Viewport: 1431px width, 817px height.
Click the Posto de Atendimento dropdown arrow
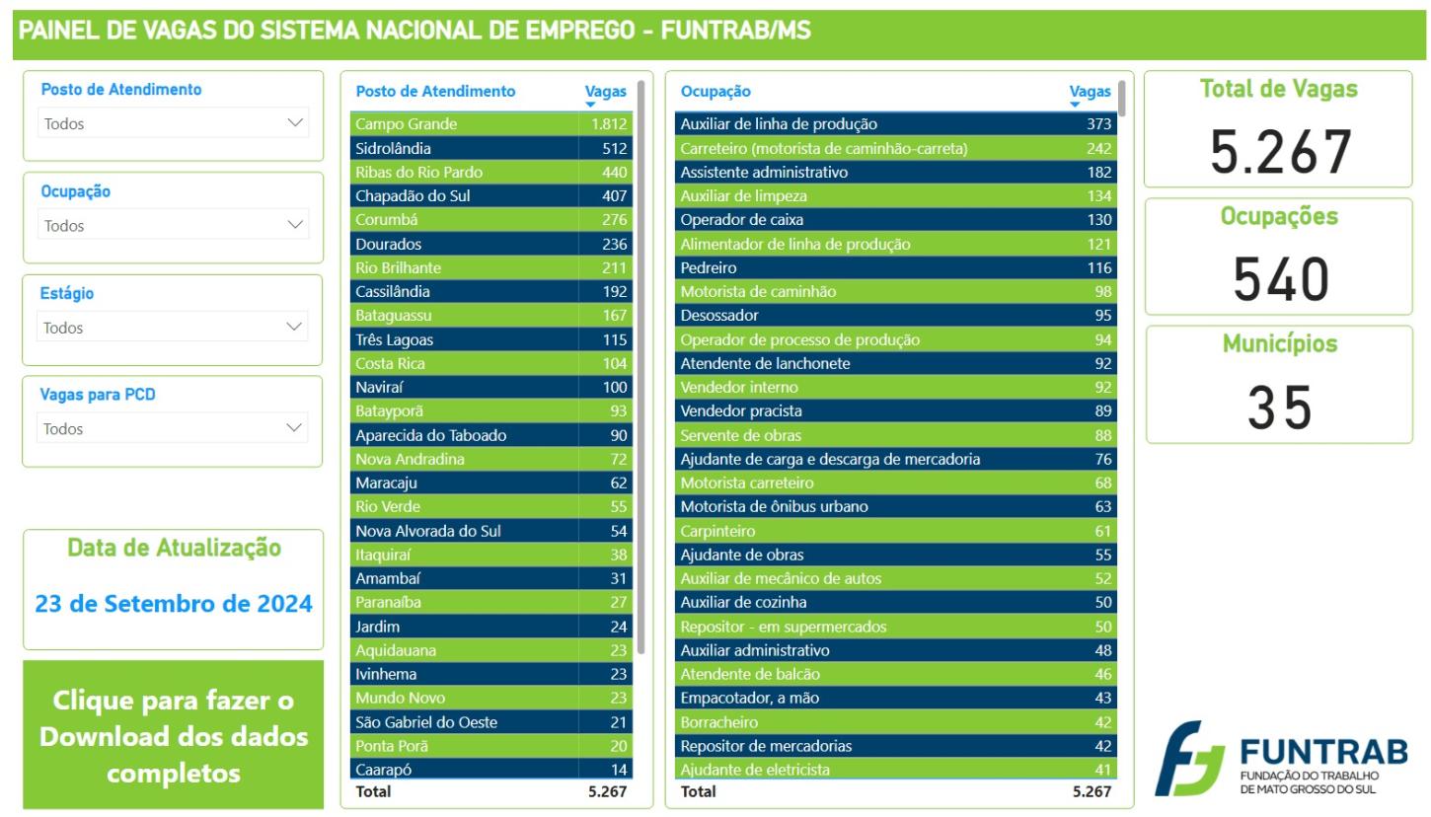tap(294, 122)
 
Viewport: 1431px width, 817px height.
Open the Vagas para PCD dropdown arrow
tap(294, 427)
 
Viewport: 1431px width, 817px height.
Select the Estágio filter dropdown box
tap(172, 327)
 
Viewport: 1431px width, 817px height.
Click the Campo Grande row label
tap(407, 124)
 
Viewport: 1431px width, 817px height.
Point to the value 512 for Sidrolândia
tap(614, 148)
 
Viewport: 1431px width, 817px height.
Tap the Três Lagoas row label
tap(394, 339)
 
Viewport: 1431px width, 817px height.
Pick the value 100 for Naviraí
tap(615, 387)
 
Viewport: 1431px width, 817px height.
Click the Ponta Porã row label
tap(392, 746)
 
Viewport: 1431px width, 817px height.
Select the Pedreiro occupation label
tap(709, 267)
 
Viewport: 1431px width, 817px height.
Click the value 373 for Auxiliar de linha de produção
tap(1098, 124)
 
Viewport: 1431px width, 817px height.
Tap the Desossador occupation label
tap(719, 316)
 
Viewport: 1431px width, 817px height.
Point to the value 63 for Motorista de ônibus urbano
tap(1103, 506)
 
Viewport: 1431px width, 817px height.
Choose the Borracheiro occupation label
tap(719, 722)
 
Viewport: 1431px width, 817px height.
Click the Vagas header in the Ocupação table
tap(1090, 92)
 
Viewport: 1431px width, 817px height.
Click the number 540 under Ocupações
tap(1280, 279)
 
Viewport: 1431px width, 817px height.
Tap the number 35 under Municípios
tap(1280, 408)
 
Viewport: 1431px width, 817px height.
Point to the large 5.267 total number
tap(1280, 152)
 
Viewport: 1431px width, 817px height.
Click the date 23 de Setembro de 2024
tap(173, 604)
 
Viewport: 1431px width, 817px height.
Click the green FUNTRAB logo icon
tap(1189, 758)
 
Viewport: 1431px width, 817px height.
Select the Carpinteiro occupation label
tap(717, 531)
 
